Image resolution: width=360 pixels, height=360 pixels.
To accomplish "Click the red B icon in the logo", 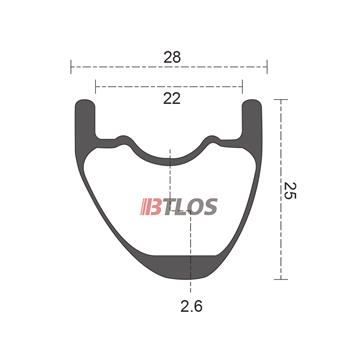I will pos(149,210).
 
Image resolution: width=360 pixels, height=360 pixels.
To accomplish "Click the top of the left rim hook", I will pos(86,101).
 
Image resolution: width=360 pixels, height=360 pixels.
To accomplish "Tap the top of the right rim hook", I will pos(253,101).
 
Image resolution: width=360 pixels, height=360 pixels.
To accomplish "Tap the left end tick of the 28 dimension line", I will pos(71,68).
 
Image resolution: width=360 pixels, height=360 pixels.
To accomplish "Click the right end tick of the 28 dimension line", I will pos(268,68).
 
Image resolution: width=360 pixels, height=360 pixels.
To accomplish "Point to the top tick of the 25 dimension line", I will pos(283,98).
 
